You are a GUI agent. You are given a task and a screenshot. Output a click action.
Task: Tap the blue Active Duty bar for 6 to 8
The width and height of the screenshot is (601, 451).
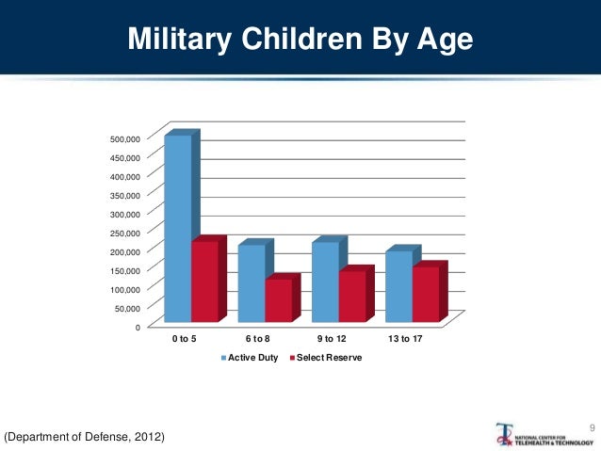tap(252, 282)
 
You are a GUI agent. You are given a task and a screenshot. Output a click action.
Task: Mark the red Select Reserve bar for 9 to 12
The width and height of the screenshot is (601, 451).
tap(352, 296)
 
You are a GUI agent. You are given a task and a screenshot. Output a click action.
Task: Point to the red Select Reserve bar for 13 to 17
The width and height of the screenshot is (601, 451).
tap(426, 293)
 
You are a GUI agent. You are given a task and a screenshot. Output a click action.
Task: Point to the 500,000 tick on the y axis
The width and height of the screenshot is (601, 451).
tap(125, 138)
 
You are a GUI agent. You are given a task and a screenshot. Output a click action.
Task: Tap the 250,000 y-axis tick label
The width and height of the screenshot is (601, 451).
tap(125, 233)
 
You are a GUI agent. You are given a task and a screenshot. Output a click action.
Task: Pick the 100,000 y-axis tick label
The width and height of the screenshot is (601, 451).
tap(125, 289)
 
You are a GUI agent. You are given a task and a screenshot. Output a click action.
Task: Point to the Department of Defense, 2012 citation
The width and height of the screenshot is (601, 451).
tap(85, 437)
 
